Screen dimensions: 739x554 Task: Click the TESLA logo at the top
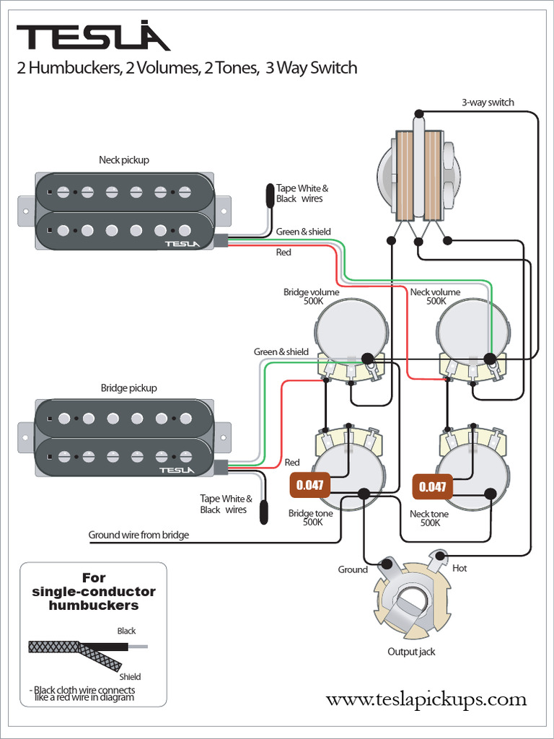click(x=93, y=37)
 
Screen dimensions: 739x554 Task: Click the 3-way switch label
click(x=488, y=102)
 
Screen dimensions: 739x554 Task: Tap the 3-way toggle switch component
click(x=418, y=175)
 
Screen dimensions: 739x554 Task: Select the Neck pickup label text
click(x=124, y=159)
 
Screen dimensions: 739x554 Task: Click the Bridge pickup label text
click(x=128, y=388)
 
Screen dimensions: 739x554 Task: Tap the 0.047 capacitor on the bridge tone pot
click(x=310, y=485)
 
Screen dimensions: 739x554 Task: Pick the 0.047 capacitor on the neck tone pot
click(x=433, y=486)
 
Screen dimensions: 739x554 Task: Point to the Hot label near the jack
click(x=460, y=568)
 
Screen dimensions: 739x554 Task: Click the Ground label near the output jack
click(x=353, y=569)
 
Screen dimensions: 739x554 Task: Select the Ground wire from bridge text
click(x=138, y=535)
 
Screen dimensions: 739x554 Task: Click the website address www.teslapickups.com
click(x=426, y=699)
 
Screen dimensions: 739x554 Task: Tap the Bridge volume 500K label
click(x=311, y=297)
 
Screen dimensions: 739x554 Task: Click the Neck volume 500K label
click(x=435, y=297)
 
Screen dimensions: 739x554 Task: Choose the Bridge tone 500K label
click(x=311, y=517)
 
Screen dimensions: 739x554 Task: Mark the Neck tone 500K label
click(x=429, y=518)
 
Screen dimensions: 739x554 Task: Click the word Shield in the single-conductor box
click(x=130, y=676)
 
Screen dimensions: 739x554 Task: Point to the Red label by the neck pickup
click(x=283, y=253)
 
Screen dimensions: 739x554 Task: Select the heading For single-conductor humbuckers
click(x=94, y=591)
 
